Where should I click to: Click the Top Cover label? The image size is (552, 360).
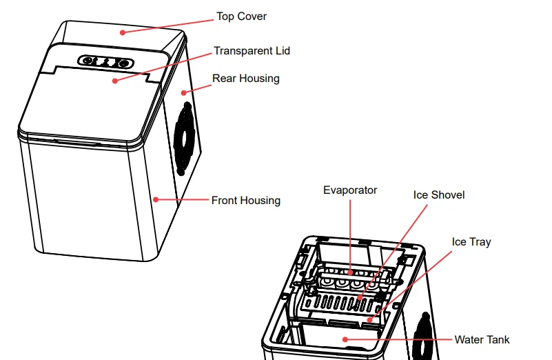241,16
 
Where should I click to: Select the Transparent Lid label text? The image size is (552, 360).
252,51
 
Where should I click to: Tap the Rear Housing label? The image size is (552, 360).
245,79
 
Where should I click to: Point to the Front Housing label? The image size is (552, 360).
245,201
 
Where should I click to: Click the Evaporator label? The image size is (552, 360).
350,190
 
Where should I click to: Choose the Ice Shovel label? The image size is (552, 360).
439,195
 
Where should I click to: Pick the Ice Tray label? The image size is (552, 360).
471,242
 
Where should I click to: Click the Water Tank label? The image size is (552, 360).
482,339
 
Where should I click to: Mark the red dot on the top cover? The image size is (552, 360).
123,32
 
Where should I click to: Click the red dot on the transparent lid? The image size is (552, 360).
114,80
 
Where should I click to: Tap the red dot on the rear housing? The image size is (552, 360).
184,92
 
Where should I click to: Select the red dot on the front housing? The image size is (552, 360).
156,200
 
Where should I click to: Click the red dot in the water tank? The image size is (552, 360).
344,339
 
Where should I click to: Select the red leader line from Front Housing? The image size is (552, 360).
183,200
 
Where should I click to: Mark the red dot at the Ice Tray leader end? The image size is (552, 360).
370,319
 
